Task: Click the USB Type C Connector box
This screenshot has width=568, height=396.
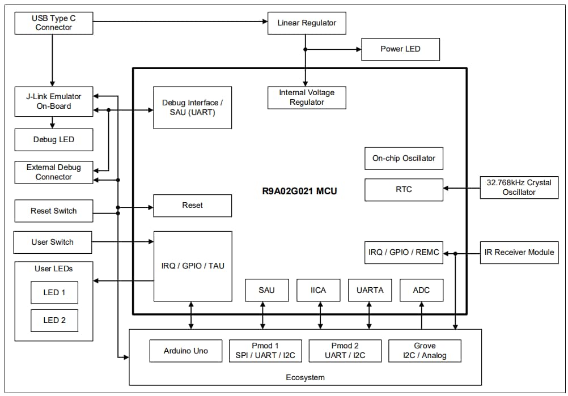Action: coord(53,23)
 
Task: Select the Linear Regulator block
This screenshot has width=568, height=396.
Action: coord(307,23)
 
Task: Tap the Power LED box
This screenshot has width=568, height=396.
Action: coord(400,49)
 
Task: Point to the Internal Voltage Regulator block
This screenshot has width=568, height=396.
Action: coord(307,97)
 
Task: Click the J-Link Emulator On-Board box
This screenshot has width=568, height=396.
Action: coord(53,101)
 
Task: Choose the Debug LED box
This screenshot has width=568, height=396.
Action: coord(53,139)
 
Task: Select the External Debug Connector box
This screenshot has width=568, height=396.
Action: coord(53,172)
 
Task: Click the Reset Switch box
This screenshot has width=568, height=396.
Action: coord(53,211)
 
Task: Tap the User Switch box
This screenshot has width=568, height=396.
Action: coord(53,242)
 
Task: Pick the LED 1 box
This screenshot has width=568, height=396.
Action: coord(54,292)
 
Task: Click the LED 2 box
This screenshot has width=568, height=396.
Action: coord(54,320)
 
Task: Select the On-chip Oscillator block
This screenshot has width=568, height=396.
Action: coord(404,159)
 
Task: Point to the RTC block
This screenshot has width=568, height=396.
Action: coord(404,189)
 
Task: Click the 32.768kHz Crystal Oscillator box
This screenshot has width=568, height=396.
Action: coord(519,188)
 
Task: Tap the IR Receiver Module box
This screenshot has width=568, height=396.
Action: coord(519,252)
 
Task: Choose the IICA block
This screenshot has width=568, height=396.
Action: coord(319,290)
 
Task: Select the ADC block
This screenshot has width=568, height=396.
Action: coord(421,290)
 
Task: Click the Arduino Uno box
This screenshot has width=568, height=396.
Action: coord(185,351)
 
